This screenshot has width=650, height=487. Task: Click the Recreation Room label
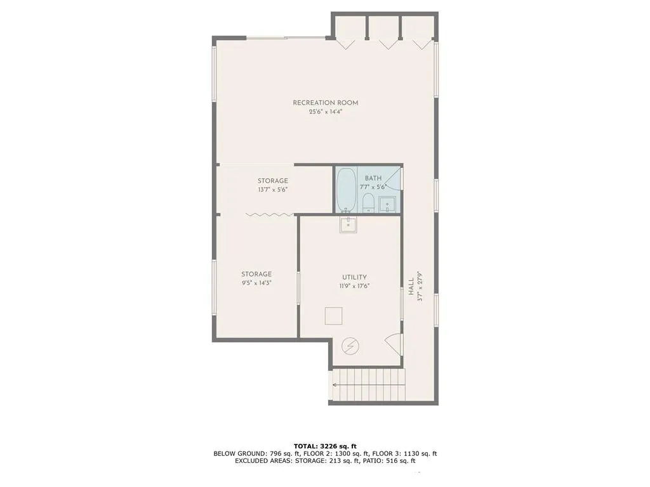point(325,103)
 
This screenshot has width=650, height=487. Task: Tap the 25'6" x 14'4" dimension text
point(325,112)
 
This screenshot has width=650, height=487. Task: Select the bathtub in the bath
point(346,190)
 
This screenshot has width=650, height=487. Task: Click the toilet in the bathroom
point(368,203)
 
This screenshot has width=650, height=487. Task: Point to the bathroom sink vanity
point(388,204)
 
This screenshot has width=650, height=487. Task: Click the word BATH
point(373,178)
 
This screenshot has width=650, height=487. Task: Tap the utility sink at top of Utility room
point(348,224)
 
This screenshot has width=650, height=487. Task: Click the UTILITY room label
point(354,277)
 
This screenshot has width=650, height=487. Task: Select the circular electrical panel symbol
point(350,346)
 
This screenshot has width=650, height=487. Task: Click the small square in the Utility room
point(333,315)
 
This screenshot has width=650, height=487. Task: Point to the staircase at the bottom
point(368,386)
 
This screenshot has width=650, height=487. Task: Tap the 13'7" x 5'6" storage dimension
point(272,189)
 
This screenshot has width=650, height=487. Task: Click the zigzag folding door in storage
point(269,216)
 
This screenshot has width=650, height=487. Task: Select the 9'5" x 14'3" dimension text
point(256,283)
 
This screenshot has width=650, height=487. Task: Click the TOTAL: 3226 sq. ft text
point(325,446)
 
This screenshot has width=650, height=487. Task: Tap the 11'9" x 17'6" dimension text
point(354,286)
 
